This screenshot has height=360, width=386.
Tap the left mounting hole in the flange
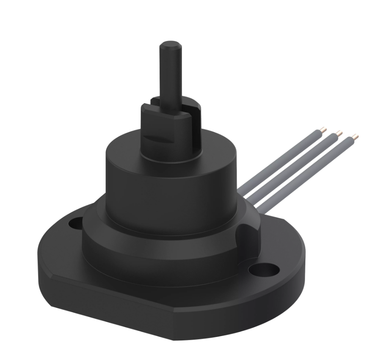(x=76, y=222)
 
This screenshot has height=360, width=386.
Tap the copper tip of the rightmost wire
(x=355, y=137)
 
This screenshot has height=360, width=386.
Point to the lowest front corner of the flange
(x=173, y=337)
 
